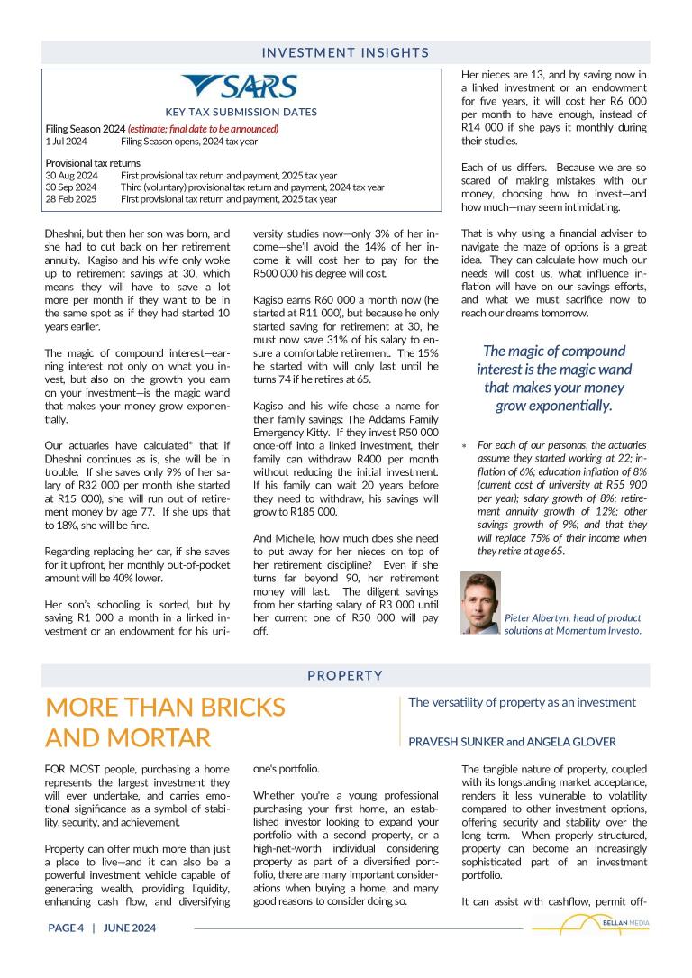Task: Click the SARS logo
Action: pyautogui.click(x=241, y=87)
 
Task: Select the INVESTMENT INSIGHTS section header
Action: pyautogui.click(x=345, y=52)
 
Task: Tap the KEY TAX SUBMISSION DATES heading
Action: pyautogui.click(x=241, y=113)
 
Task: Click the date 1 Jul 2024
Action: pyautogui.click(x=66, y=142)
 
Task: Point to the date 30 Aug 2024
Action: pyautogui.click(x=71, y=176)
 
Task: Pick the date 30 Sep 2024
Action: pyautogui.click(x=71, y=187)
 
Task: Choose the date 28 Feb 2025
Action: pyautogui.click(x=71, y=199)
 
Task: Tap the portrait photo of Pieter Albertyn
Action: pyautogui.click(x=480, y=603)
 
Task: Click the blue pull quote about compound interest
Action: pyautogui.click(x=554, y=379)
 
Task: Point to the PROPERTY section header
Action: pyautogui.click(x=345, y=675)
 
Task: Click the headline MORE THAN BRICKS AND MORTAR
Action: pyautogui.click(x=165, y=723)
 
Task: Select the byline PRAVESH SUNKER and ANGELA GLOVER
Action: pyautogui.click(x=512, y=742)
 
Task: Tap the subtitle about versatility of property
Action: pyautogui.click(x=522, y=702)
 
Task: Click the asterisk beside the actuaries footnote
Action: pyautogui.click(x=464, y=446)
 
